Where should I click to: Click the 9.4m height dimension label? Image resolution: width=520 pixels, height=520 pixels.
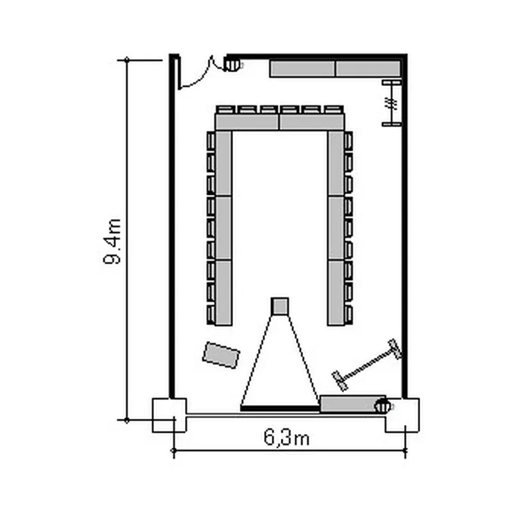tap(112, 241)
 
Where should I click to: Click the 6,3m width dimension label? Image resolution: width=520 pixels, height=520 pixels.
tap(287, 437)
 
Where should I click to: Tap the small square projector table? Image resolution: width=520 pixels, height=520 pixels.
tap(279, 306)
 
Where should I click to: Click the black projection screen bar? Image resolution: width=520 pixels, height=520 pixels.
tap(280, 408)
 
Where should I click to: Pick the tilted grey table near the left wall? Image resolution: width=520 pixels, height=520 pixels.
tap(221, 355)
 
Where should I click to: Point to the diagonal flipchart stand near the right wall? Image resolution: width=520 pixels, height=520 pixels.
tap(367, 365)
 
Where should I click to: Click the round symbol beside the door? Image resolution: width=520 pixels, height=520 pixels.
tap(232, 64)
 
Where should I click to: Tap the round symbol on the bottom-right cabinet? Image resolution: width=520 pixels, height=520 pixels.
tap(382, 406)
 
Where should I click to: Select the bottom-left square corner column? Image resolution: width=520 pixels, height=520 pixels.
tap(169, 415)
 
